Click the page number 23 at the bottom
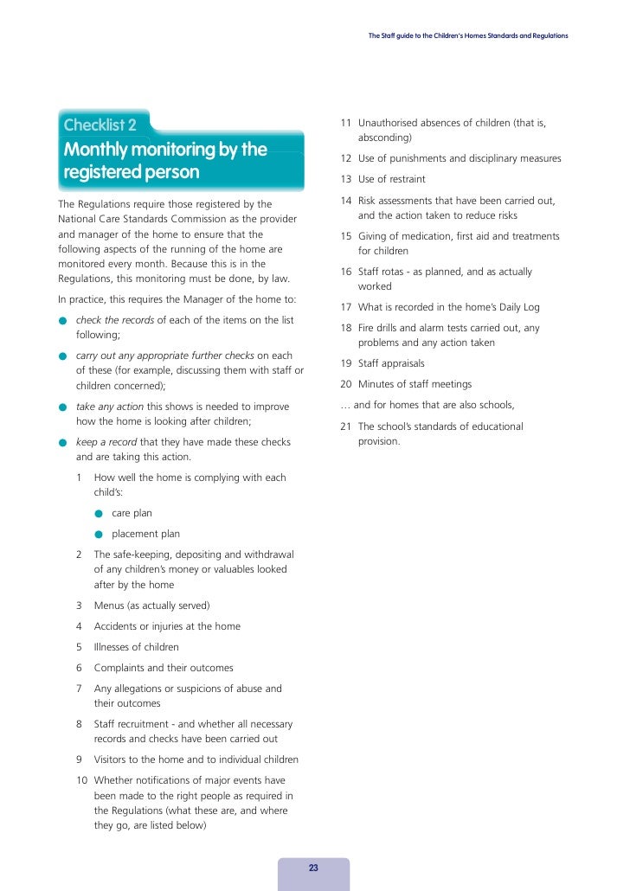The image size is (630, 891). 313,868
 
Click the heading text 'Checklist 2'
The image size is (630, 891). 100,126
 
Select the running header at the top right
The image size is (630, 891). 468,35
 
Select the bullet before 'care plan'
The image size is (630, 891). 100,513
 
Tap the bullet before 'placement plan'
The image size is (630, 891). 100,534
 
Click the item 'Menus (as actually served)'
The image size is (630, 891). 151,606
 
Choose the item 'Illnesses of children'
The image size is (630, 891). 136,647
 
